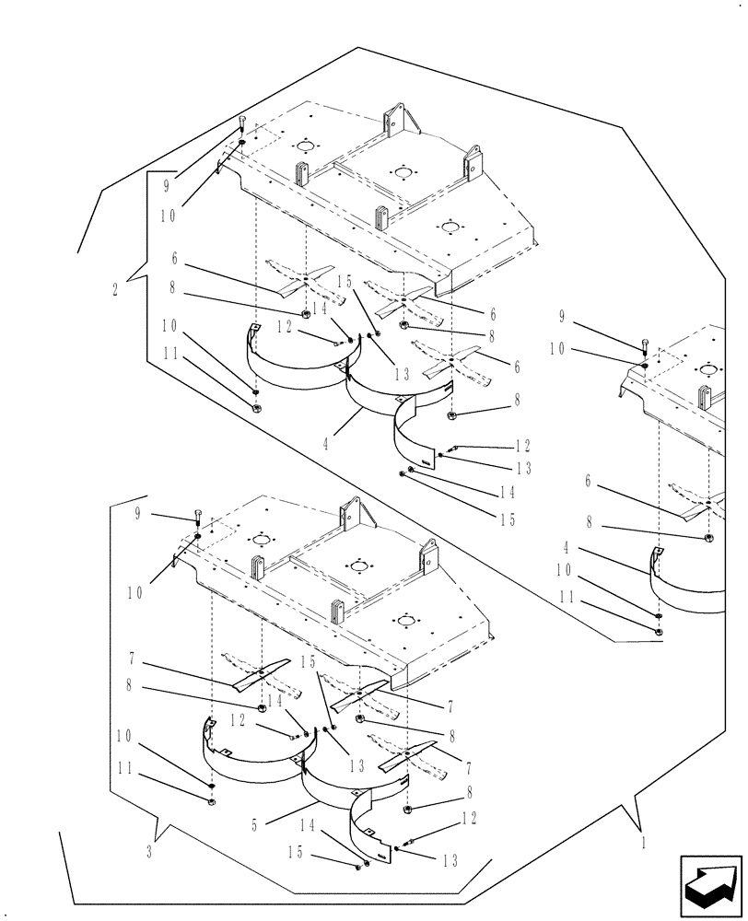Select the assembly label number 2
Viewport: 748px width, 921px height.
point(114,289)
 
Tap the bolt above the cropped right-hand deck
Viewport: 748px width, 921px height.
point(645,346)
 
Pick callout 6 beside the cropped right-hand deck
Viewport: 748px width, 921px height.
point(587,481)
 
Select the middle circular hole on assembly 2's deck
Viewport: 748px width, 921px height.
point(401,171)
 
